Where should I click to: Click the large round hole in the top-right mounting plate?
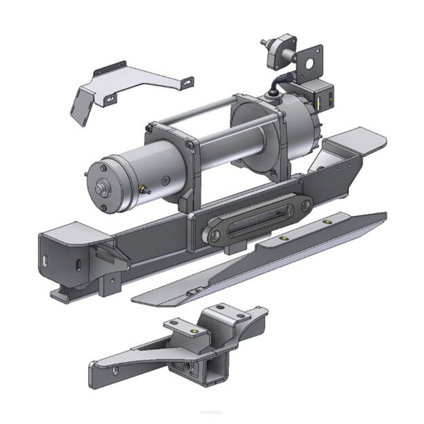pos(313,66)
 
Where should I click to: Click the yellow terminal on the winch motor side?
pos(142,187)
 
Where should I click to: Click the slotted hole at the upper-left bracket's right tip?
pos(184,82)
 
